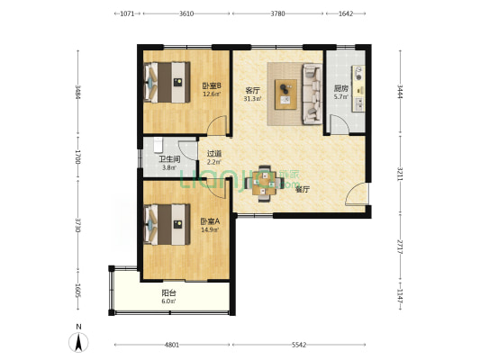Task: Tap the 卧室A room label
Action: click(x=210, y=221)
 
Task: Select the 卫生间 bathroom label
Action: click(x=169, y=159)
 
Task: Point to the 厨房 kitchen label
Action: click(x=340, y=89)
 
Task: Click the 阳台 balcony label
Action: click(x=168, y=293)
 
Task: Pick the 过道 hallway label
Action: click(x=214, y=154)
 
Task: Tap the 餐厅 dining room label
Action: click(x=303, y=190)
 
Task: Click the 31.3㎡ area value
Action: click(x=252, y=98)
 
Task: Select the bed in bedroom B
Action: click(x=168, y=82)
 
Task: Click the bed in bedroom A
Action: click(x=168, y=224)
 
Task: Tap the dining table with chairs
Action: click(x=264, y=184)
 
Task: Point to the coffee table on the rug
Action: click(x=285, y=94)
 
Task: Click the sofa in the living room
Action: click(x=312, y=94)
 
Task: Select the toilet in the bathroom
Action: click(x=158, y=145)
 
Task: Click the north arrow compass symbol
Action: click(x=78, y=342)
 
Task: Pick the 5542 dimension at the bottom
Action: click(x=299, y=345)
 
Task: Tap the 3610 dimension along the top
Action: click(x=186, y=13)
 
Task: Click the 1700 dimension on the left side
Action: click(x=77, y=157)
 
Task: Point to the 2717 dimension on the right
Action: click(x=400, y=247)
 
